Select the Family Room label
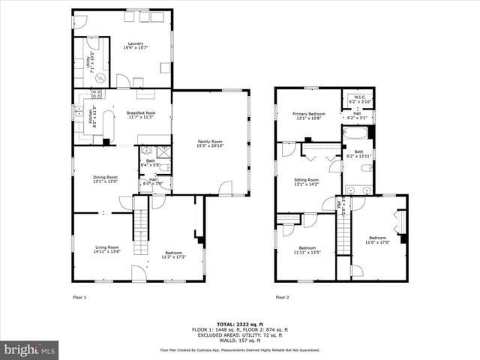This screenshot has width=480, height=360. pos(210,143)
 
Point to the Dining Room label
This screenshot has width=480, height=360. pos(105,178)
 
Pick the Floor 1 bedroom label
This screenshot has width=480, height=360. pos(173,255)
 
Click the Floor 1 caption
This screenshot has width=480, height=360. pos(79,297)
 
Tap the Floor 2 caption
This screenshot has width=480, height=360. pos(283,297)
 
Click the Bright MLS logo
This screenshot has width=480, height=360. pos(30,349)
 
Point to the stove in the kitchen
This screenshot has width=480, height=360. pos(97,94)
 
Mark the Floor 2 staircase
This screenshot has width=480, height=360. pos(343,240)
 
